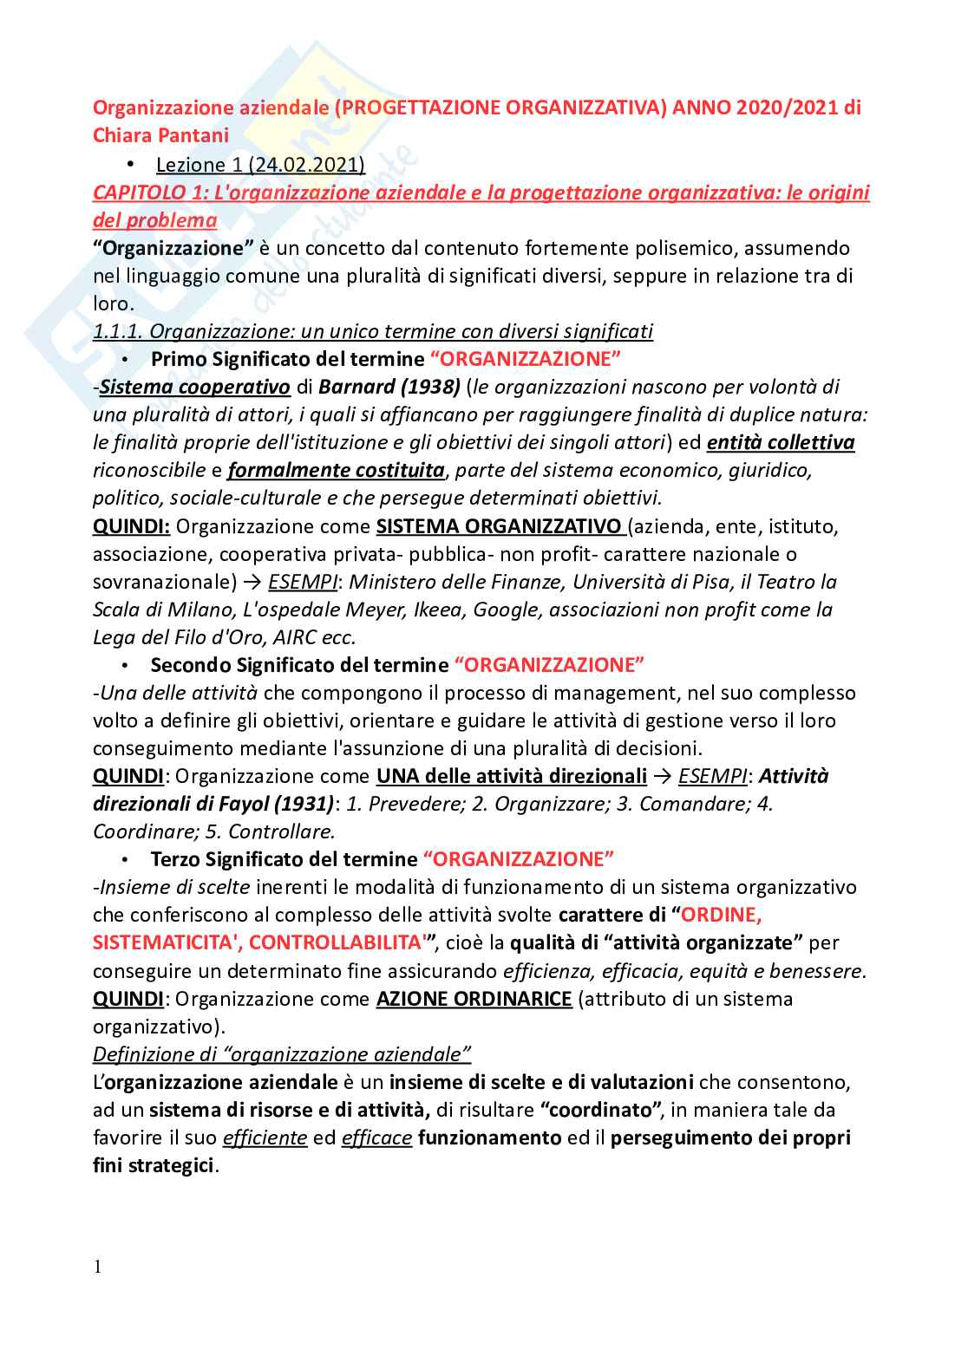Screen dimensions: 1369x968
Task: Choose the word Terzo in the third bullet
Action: (176, 859)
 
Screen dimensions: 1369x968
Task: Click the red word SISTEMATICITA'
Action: (165, 942)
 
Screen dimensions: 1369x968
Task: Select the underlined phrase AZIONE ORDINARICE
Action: (474, 999)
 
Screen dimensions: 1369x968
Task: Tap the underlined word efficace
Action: (376, 1138)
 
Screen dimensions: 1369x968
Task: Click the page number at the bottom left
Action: (97, 1267)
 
